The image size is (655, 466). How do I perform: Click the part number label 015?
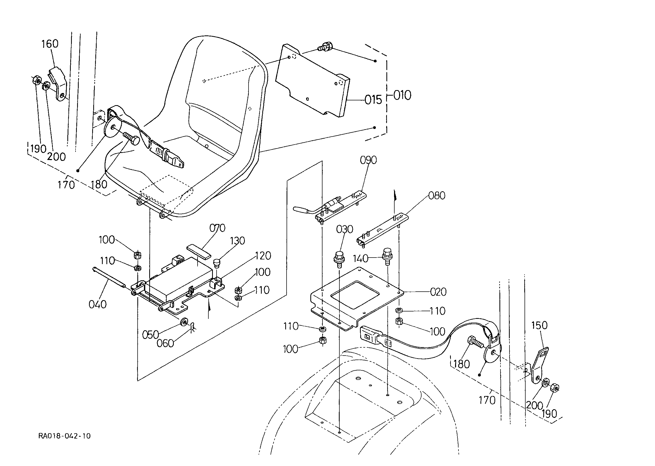[x=373, y=100]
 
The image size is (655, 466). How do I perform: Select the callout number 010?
[x=402, y=95]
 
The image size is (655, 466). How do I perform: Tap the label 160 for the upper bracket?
[x=50, y=44]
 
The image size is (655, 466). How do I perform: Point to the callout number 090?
[x=368, y=160]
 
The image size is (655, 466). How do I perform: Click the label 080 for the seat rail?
[x=437, y=196]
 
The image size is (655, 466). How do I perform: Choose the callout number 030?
[x=345, y=229]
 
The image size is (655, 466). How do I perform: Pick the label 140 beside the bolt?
[x=361, y=259]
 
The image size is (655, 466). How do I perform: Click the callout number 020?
[x=438, y=292]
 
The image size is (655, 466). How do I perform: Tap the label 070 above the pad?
[x=217, y=228]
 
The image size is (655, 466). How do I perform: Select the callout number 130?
[x=237, y=241]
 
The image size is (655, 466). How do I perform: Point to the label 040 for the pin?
[x=97, y=304]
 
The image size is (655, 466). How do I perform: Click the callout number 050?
[x=151, y=335]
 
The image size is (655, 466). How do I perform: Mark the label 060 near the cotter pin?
[x=165, y=343]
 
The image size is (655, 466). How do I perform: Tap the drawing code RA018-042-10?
[x=64, y=436]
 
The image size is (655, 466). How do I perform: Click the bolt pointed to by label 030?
[x=339, y=259]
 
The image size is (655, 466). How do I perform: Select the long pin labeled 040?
[x=109, y=277]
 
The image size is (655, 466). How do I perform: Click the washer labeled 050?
[x=183, y=322]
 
